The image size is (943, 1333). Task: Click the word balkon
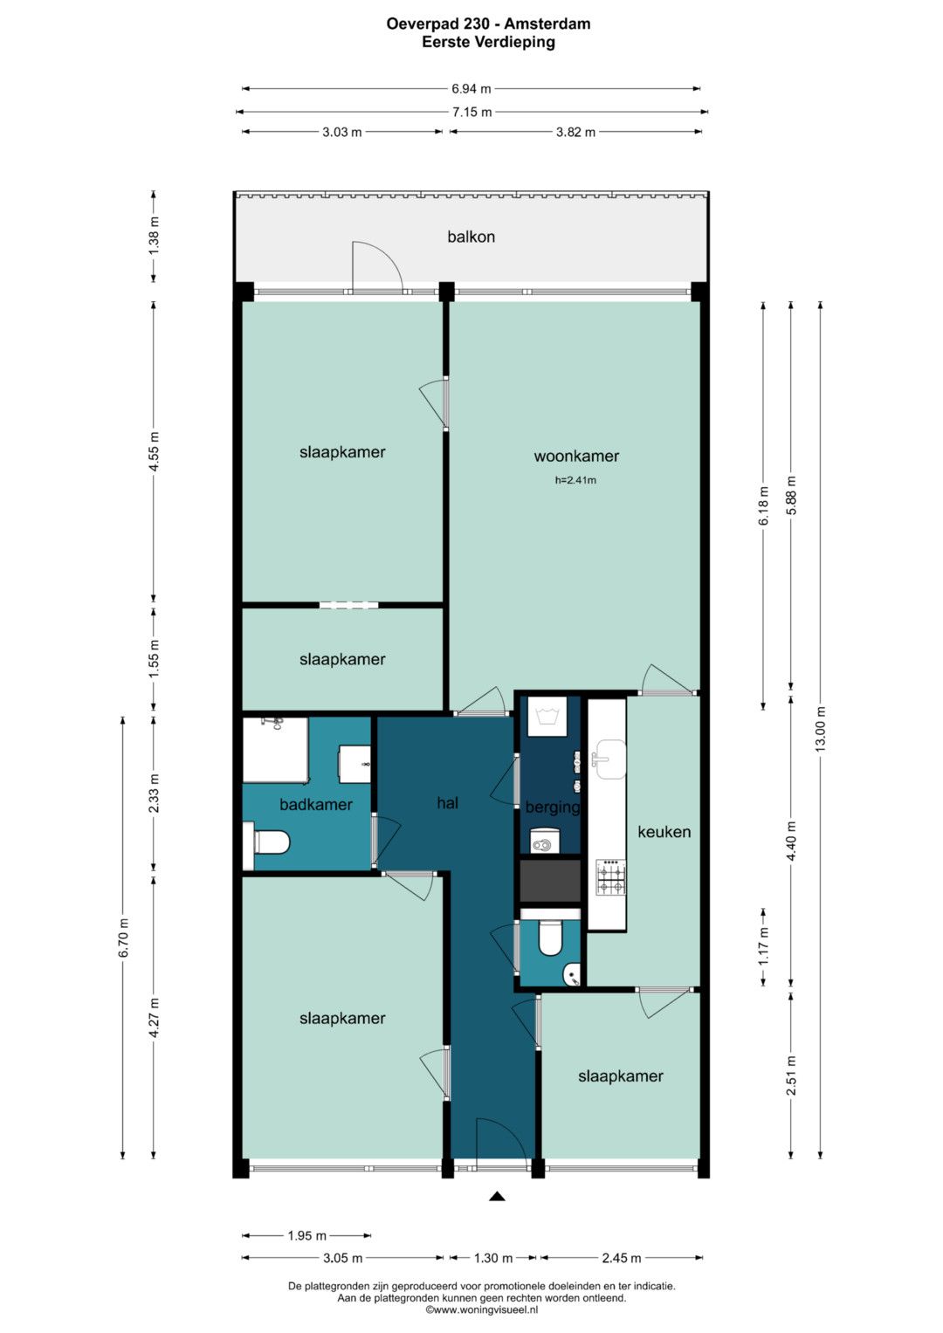click(x=471, y=237)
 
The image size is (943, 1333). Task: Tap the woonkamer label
click(x=576, y=457)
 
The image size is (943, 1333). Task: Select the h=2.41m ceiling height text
click(x=575, y=479)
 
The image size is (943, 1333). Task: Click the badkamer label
click(x=315, y=805)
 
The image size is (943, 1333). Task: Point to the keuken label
click(x=664, y=832)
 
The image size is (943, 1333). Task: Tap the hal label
click(x=448, y=803)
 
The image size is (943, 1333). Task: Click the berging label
click(x=553, y=807)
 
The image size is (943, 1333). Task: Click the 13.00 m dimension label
click(x=821, y=729)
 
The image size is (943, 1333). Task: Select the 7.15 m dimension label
click(x=471, y=112)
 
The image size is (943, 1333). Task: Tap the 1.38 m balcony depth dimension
click(x=154, y=237)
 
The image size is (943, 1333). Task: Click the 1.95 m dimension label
click(x=307, y=1236)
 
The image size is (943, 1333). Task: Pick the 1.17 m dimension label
click(x=764, y=947)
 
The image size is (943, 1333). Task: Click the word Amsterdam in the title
click(x=547, y=24)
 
